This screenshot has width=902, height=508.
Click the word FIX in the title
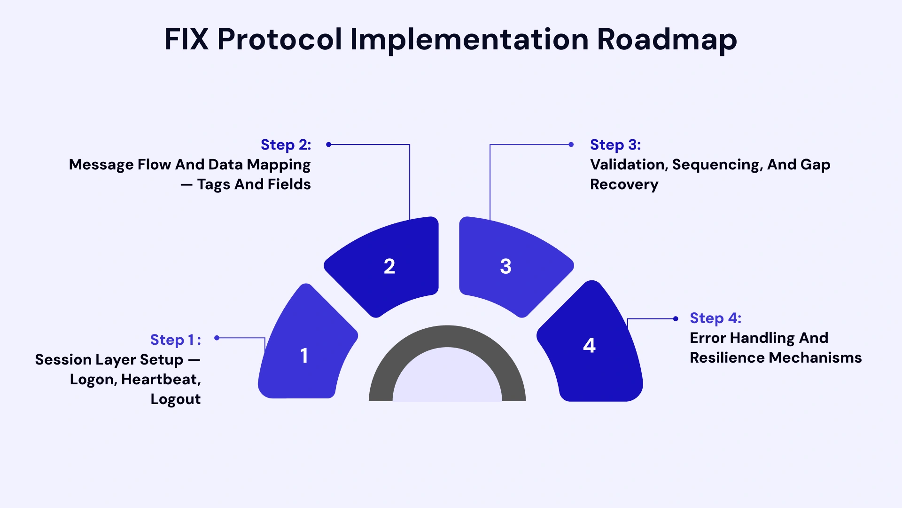pos(186,39)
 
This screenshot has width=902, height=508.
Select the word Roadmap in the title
pos(667,39)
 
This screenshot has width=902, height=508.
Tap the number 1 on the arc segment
pos(304,356)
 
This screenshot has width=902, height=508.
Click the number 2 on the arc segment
pos(389,266)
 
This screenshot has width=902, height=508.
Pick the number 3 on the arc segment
pos(505,266)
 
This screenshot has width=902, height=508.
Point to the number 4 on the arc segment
pos(589,345)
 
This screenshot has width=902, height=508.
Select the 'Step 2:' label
pos(286,145)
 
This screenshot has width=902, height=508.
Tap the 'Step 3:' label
pos(615,145)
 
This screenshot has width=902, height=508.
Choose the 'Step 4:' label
pos(715,318)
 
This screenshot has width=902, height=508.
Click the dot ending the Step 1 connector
pos(217,338)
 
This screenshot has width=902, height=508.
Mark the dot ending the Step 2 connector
pos(329,144)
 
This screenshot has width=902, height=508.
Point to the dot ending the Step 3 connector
pos(571,144)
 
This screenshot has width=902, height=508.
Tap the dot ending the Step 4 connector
pos(676,319)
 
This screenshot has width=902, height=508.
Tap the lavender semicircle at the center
pos(447,379)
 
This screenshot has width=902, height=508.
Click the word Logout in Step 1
pos(176,399)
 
